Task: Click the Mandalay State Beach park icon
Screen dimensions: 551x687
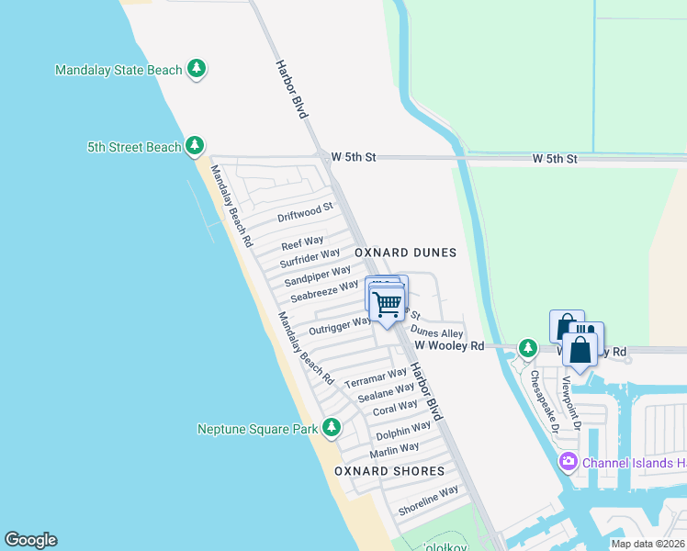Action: pos(196,69)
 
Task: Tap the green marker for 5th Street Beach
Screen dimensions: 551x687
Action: pos(194,146)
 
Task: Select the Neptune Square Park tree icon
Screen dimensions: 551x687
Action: pos(331,428)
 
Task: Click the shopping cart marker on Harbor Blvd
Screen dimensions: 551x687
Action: pos(388,303)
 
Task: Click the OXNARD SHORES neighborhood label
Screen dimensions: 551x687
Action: pos(389,471)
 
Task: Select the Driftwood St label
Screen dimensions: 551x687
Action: pos(305,213)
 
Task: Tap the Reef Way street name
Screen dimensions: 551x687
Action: pos(302,242)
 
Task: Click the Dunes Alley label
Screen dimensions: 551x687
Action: pos(437,332)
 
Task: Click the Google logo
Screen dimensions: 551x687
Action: pos(30,540)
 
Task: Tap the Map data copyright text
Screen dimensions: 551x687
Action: pos(648,544)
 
